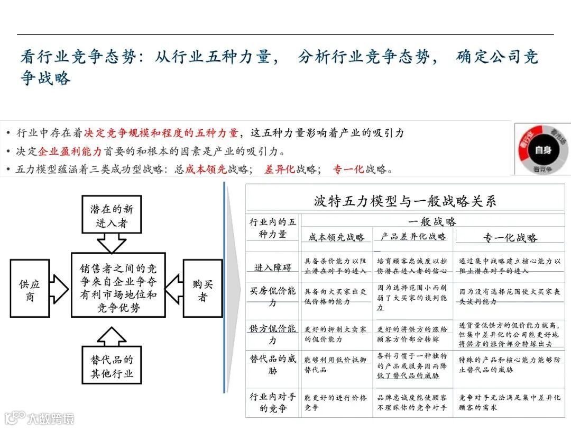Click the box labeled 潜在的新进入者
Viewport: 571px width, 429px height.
(x=112, y=215)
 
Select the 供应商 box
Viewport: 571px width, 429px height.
(x=30, y=289)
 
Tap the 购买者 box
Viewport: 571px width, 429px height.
(x=202, y=289)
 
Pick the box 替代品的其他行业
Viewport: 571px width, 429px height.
(x=112, y=366)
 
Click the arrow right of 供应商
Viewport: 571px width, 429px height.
(x=59, y=289)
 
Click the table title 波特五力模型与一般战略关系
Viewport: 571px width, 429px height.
(x=405, y=201)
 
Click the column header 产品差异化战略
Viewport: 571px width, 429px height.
(x=413, y=236)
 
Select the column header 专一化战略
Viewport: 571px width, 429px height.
(x=510, y=237)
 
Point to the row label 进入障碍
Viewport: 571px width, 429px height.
(x=273, y=267)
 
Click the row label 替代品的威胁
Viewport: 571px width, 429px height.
(x=273, y=364)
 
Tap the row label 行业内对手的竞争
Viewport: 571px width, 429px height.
(x=273, y=402)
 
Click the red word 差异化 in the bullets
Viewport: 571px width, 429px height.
(x=280, y=169)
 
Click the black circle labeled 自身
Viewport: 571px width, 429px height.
(x=543, y=150)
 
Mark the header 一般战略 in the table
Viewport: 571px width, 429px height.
(x=432, y=221)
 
